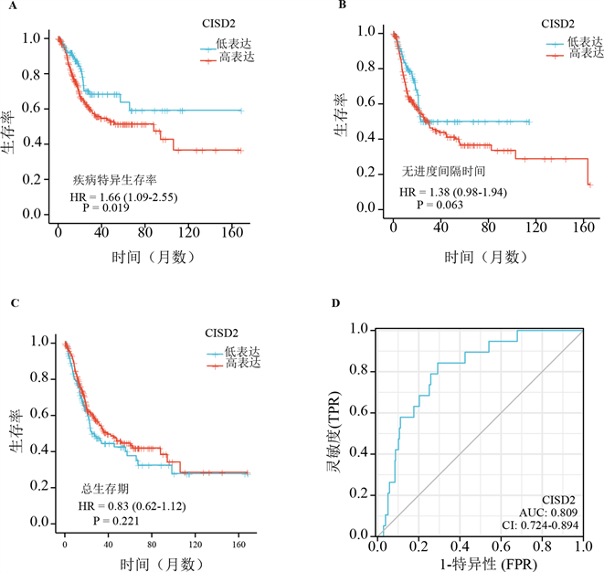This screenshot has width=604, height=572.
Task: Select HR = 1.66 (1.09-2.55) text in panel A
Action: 126,196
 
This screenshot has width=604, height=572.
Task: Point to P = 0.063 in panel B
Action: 440,205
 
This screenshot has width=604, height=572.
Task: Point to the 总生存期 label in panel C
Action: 104,489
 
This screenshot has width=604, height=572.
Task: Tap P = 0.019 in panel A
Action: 105,208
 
